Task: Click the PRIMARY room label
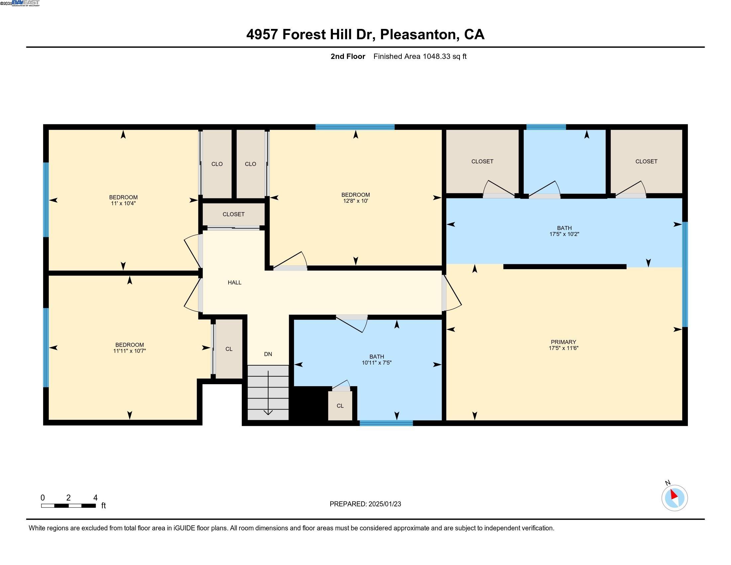(x=563, y=342)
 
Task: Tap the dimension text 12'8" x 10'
(x=356, y=201)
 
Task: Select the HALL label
(x=234, y=282)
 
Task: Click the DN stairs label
(x=268, y=354)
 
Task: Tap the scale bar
(x=68, y=506)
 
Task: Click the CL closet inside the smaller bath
(x=340, y=406)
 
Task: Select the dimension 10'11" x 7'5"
(x=376, y=363)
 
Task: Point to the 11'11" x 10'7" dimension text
(x=130, y=351)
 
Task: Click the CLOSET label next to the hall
(x=233, y=214)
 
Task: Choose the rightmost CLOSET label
(x=646, y=161)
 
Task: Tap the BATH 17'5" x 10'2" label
(x=564, y=231)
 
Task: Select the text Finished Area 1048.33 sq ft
(x=420, y=56)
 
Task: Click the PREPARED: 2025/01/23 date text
(x=365, y=504)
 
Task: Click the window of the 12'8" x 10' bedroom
(x=355, y=127)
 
